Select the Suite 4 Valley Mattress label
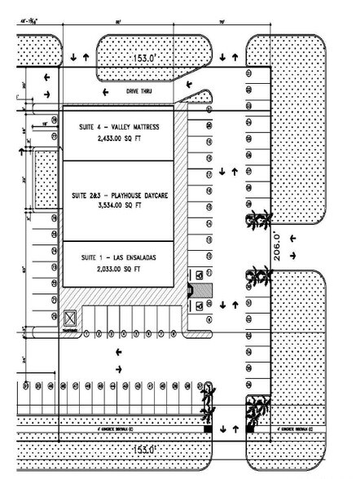coord(119,127)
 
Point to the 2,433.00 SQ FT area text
coord(119,138)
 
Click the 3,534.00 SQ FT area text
coord(119,208)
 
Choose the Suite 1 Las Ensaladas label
coord(119,257)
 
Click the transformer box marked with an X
coord(71,317)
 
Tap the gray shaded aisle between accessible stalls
coord(208,289)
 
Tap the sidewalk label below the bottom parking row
coord(78,426)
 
